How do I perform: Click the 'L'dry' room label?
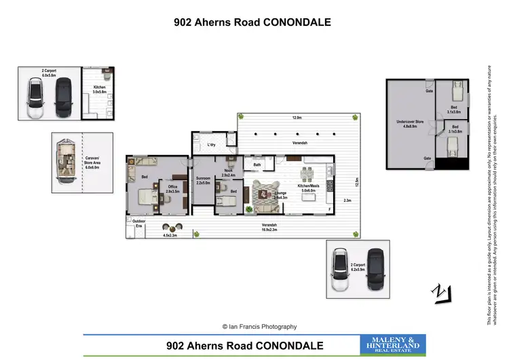[x=211, y=145]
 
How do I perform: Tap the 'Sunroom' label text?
[x=204, y=179]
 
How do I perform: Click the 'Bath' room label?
[x=257, y=164]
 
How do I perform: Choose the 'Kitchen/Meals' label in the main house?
[x=309, y=185]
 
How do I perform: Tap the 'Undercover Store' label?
[x=410, y=122]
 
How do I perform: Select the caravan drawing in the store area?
[x=67, y=161]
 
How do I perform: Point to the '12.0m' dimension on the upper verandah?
[x=297, y=118]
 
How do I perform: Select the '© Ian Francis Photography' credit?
[x=254, y=327]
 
